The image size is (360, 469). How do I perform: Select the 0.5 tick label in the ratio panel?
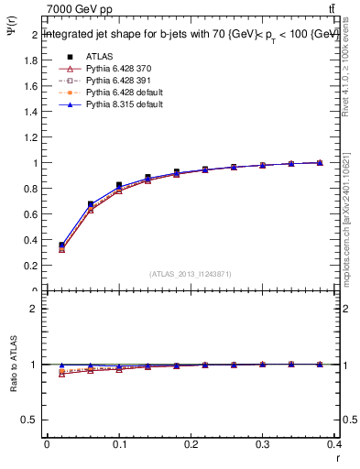(29, 420)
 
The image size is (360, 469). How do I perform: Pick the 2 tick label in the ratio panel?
(33, 309)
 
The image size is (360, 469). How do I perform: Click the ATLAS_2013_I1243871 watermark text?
(191, 274)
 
